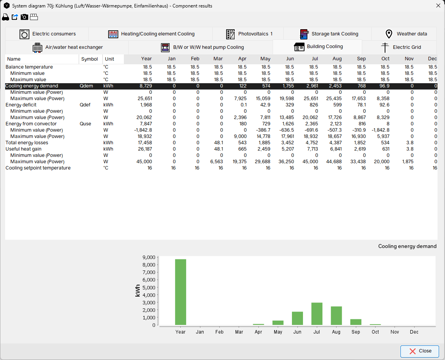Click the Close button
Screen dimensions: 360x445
coord(420,351)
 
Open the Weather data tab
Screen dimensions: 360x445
coord(404,34)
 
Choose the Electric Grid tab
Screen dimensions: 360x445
coord(399,47)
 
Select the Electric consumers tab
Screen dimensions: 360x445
coord(47,34)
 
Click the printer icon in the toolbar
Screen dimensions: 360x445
coord(6,17)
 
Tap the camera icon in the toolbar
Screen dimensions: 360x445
coord(24,17)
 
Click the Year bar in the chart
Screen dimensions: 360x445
coord(180,292)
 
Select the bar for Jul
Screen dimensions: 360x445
coord(317,314)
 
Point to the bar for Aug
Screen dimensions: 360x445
coord(336,315)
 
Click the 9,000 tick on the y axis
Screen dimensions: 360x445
coord(148,257)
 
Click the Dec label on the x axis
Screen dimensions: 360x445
coord(414,332)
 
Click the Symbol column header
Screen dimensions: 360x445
coord(90,59)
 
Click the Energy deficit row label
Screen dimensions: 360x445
coord(21,105)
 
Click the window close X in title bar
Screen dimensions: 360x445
coord(438,6)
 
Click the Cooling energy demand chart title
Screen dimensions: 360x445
coord(407,246)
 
